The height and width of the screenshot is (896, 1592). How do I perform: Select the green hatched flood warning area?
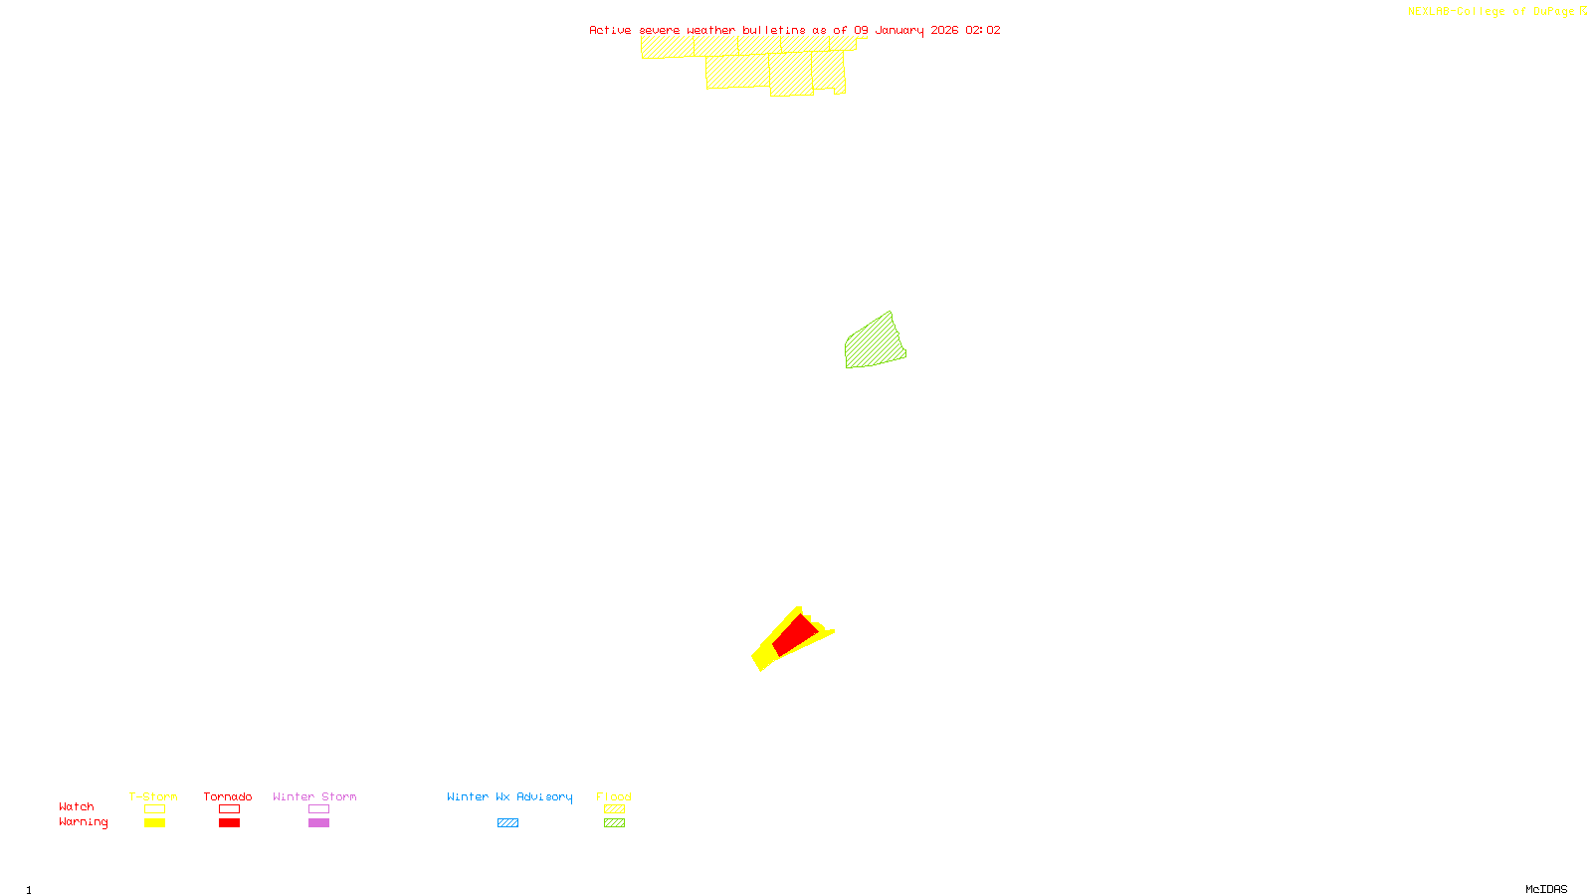click(x=875, y=343)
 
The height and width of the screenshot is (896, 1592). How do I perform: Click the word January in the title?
click(x=898, y=30)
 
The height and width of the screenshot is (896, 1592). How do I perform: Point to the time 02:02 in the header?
click(x=982, y=30)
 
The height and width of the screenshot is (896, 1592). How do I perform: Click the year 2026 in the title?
click(x=944, y=30)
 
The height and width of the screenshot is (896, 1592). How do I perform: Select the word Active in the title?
click(x=610, y=30)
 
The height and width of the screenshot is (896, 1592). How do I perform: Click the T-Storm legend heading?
click(x=153, y=796)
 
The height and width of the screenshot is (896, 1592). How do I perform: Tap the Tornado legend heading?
click(x=228, y=796)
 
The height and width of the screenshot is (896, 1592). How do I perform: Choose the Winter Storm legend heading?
click(x=314, y=796)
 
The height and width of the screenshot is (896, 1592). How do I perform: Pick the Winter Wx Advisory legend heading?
click(x=509, y=796)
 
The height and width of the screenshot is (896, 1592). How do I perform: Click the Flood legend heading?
click(x=614, y=796)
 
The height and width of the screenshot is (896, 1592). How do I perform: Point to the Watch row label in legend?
click(x=77, y=806)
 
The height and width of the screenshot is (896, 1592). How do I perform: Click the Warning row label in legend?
click(x=84, y=822)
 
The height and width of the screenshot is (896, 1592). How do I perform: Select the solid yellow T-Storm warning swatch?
click(x=154, y=823)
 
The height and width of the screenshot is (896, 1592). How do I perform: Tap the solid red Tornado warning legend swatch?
click(x=229, y=823)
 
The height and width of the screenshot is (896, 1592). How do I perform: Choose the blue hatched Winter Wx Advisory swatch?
click(x=507, y=823)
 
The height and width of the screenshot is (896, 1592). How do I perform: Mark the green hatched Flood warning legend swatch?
click(x=614, y=823)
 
